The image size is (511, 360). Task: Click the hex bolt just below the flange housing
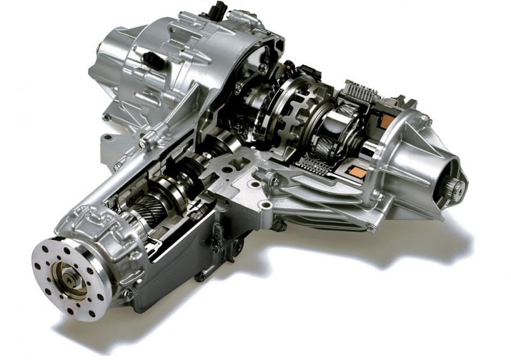tap(127, 295)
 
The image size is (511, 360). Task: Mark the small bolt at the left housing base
tap(105, 117)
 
